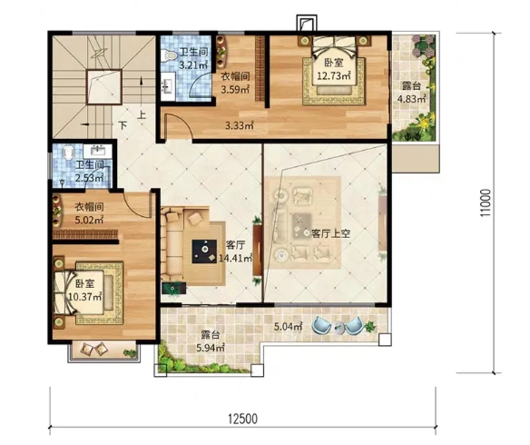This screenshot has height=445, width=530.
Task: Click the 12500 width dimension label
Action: click(x=242, y=419)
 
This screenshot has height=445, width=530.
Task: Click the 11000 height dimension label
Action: click(x=486, y=203)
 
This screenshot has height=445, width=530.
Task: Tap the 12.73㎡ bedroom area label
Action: click(x=333, y=75)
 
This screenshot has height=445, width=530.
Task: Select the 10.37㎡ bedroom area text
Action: click(x=85, y=297)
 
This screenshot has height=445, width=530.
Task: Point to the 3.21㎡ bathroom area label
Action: click(x=193, y=64)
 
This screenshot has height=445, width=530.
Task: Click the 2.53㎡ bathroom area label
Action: click(x=89, y=177)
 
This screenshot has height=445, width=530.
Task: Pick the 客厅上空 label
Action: click(x=330, y=233)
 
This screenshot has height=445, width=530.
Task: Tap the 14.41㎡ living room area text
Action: click(x=236, y=258)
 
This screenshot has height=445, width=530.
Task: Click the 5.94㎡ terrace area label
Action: click(x=211, y=347)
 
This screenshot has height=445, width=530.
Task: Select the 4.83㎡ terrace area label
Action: click(x=411, y=99)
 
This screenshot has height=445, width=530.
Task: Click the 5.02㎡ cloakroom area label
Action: click(x=89, y=220)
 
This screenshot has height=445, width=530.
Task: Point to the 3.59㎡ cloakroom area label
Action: click(x=235, y=90)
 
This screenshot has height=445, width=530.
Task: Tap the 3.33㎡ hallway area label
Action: click(x=240, y=126)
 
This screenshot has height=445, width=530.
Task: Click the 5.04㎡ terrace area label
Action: click(x=288, y=327)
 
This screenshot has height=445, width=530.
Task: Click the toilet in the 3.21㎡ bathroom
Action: click(x=168, y=55)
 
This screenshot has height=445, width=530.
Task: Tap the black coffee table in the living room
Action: click(x=205, y=252)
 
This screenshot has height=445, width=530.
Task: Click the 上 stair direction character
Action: click(x=142, y=115)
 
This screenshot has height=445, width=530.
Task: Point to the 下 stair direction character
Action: click(x=123, y=126)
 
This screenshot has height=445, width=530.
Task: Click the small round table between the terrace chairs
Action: click(x=339, y=327)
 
